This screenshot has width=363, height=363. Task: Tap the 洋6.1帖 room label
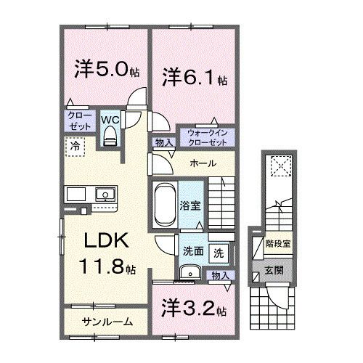pos(193,76)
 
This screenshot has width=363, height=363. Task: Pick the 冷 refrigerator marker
pos(76,145)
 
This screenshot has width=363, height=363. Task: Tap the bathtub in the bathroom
pos(165,205)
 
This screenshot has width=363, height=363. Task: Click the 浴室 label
pos(190,206)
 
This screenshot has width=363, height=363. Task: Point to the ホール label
pos(201,164)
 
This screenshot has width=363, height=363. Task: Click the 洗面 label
pos(192,252)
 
